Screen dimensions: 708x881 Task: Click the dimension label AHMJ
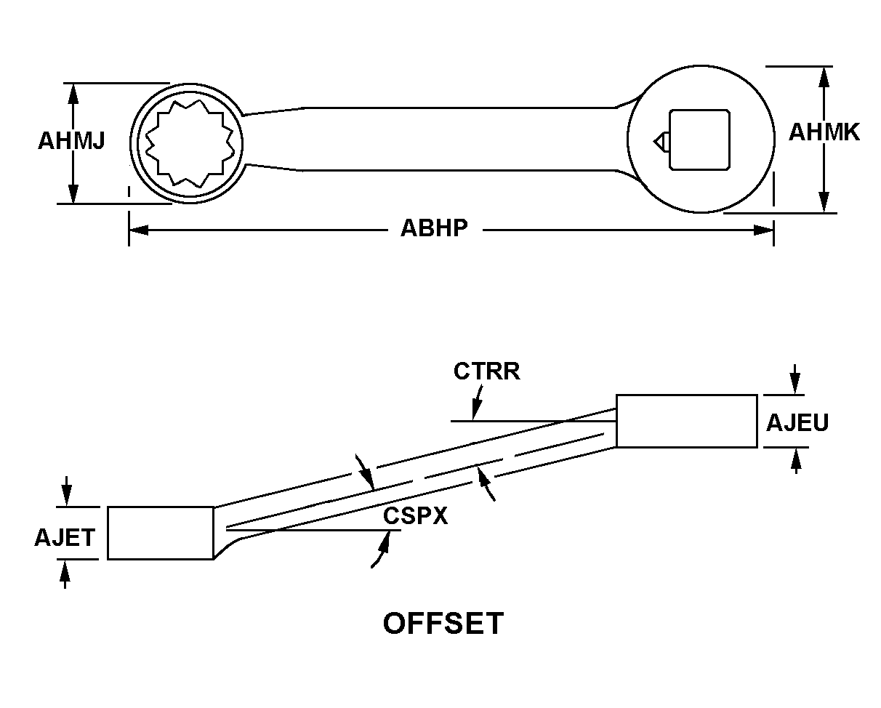tap(71, 141)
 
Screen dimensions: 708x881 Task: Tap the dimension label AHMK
tap(824, 133)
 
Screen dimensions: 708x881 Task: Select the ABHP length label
tap(434, 229)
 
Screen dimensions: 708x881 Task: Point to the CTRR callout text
tap(486, 371)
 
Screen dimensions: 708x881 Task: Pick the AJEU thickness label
tap(797, 423)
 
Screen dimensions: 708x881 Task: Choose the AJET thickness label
tap(65, 538)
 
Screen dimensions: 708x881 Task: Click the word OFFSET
tap(443, 624)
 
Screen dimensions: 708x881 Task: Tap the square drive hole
tap(699, 140)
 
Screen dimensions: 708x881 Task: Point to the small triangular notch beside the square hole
tap(660, 140)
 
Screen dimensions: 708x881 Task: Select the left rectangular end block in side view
tap(161, 533)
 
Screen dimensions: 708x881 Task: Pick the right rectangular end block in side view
tap(686, 421)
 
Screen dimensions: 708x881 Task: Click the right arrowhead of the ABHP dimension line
tap(764, 230)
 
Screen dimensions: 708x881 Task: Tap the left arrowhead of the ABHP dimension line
tap(138, 230)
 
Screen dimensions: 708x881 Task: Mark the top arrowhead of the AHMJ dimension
tap(72, 92)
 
